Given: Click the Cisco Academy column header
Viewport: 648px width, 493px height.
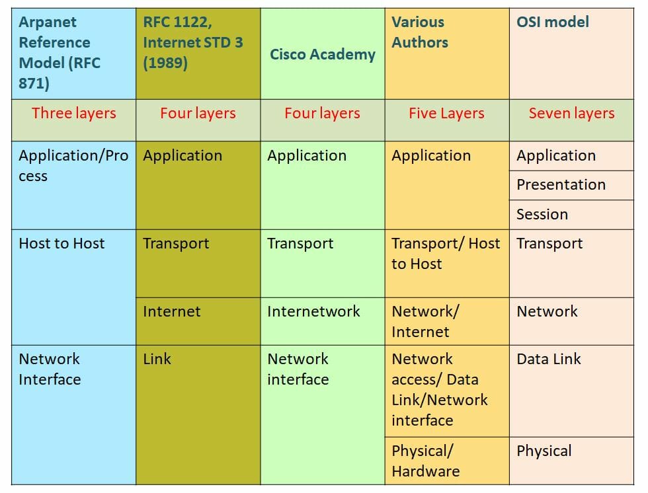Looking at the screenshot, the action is [x=322, y=54].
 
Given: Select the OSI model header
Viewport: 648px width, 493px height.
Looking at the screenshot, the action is [x=552, y=22].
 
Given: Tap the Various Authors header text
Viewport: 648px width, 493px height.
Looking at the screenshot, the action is [x=419, y=32].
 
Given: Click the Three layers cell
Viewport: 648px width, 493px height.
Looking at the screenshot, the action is [x=73, y=113].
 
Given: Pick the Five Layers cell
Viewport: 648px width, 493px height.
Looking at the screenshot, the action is [x=446, y=113].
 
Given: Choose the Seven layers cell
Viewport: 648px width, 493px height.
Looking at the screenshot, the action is [x=571, y=113].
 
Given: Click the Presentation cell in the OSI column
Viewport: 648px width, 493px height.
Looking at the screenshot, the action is [x=561, y=184].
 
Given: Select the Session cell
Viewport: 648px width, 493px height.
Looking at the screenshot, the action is [x=542, y=214].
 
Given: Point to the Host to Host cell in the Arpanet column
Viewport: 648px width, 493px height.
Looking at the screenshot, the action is [x=61, y=243].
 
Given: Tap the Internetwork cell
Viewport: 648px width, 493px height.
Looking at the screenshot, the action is [x=313, y=311].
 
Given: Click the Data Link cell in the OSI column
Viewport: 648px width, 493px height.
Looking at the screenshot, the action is [x=549, y=359].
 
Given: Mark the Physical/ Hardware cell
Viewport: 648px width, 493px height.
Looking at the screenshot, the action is [x=425, y=461].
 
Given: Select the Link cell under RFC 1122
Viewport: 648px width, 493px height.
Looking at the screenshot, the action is [x=157, y=359].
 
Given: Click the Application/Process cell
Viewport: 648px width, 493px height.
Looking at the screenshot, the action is [x=73, y=166].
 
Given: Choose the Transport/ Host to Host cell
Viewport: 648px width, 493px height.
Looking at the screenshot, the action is [x=446, y=253].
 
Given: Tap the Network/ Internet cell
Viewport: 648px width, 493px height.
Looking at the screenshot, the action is [x=425, y=321].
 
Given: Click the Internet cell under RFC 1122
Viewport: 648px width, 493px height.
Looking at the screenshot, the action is [x=171, y=311].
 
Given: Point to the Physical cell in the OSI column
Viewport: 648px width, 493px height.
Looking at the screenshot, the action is [x=544, y=451].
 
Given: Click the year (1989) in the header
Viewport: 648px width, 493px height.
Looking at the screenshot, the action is [x=165, y=63].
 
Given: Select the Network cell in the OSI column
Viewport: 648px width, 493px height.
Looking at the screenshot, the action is [x=547, y=311].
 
